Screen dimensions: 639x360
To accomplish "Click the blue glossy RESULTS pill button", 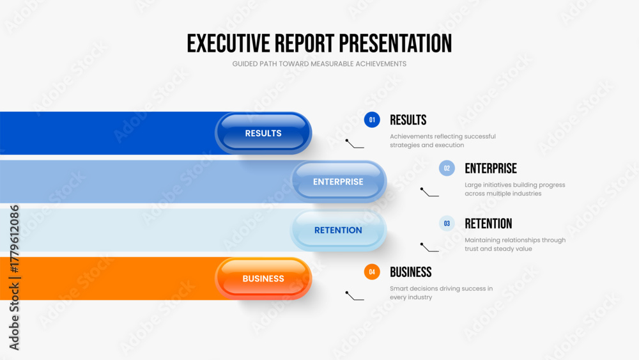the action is (263, 133).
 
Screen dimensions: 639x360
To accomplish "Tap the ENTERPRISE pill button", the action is (338, 182).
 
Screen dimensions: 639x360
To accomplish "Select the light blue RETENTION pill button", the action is (338, 230).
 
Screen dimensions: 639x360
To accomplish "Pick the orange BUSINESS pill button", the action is (263, 278).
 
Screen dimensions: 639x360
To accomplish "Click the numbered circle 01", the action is (372, 120).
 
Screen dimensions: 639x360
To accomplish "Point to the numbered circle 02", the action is (447, 168).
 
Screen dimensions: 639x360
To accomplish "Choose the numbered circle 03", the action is (447, 223).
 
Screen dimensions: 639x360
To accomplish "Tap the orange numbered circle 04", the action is (372, 272).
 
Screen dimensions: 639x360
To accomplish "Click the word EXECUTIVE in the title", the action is (228, 43).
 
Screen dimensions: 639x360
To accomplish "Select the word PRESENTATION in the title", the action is (396, 43).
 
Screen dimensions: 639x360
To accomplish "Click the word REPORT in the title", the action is (304, 43).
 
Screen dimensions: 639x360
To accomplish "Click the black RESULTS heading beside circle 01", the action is (408, 120).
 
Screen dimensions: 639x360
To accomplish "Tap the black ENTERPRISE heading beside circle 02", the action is (491, 168).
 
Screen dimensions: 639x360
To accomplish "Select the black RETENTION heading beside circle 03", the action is (488, 223).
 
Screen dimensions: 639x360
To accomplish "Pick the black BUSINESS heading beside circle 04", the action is (410, 272).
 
